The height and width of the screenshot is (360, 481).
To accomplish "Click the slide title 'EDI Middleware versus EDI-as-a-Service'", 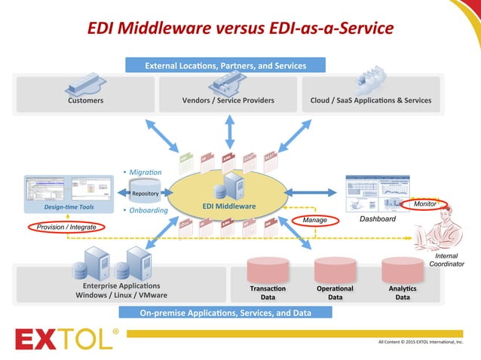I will coord(240,29).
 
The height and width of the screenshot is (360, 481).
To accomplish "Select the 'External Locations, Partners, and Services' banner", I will coord(225,66).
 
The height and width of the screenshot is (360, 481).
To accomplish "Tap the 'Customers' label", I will coord(85,100).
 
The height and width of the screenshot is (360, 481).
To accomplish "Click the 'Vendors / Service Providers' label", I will coord(228,100).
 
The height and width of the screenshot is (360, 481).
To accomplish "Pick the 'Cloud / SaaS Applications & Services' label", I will coord(370,100).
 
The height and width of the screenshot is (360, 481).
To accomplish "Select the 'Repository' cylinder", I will coord(145,193).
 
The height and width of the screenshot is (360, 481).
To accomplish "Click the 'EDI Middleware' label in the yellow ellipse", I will coord(229,206).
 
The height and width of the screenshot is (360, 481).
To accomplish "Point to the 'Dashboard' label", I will coord(377,219).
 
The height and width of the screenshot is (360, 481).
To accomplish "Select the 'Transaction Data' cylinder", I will coord(268,278).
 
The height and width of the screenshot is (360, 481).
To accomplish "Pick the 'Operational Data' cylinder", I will coord(335,278).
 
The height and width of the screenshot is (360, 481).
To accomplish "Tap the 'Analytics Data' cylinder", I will coord(403,278).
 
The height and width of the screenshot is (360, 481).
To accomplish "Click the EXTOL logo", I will coord(64,340).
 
